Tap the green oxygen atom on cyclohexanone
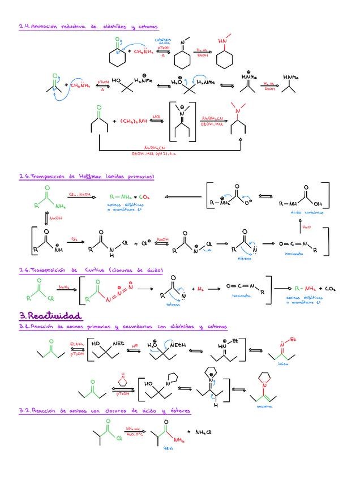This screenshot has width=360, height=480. point(117,41)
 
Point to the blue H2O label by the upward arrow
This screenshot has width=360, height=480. point(307,228)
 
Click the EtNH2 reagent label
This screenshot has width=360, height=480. point(76,344)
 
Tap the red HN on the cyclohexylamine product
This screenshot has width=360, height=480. point(222,41)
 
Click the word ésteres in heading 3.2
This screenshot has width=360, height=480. point(179,410)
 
